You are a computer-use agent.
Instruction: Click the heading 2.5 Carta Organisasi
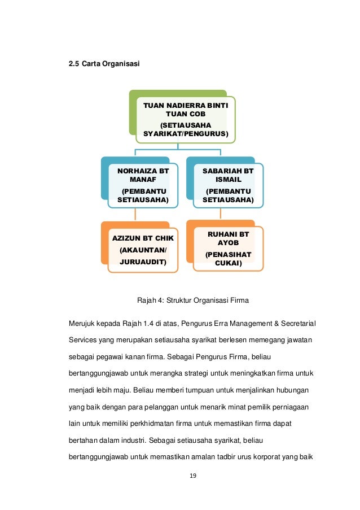pyautogui.click(x=104, y=64)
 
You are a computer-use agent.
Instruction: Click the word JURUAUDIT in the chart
pyautogui.click(x=143, y=262)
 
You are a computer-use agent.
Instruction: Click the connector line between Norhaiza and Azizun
pyautogui.click(x=135, y=214)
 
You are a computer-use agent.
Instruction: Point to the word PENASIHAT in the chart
pyautogui.click(x=228, y=255)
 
